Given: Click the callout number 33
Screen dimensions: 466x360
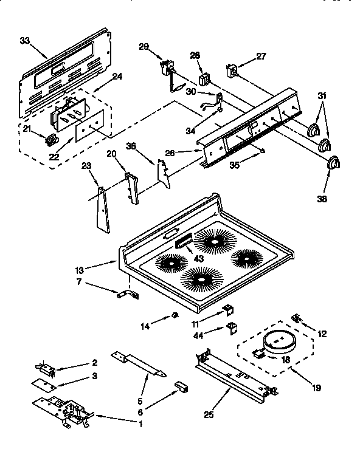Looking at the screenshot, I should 24,41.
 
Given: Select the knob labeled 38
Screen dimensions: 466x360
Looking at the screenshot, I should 334,164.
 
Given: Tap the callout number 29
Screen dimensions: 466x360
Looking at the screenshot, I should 144,47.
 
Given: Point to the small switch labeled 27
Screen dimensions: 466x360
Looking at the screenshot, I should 231,71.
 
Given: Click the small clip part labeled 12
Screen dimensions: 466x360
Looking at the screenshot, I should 297,318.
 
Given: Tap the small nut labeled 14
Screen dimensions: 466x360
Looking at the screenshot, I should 175,314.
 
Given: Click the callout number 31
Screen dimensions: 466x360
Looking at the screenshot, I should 322,95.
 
